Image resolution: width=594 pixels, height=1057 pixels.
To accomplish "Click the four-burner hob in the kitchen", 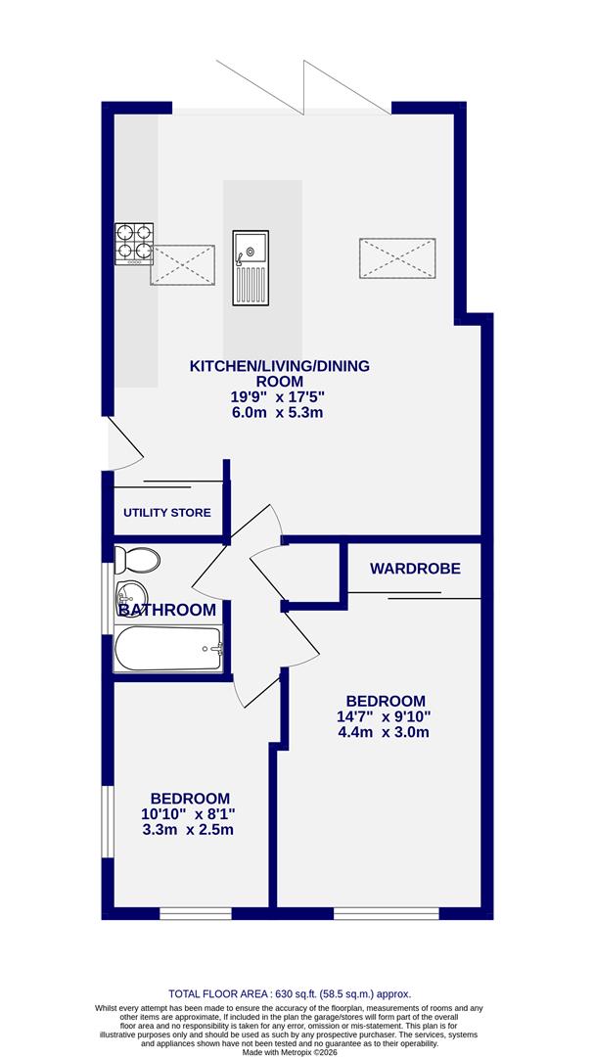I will (x=135, y=244).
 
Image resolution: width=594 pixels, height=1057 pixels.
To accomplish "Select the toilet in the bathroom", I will (x=136, y=561).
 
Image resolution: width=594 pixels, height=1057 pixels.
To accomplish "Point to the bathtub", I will (x=168, y=648).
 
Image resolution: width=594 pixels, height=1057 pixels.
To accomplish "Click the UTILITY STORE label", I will (x=166, y=513).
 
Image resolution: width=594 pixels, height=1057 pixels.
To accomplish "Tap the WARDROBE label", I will (x=414, y=569).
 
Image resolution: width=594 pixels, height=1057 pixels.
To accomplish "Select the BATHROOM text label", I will (x=166, y=611).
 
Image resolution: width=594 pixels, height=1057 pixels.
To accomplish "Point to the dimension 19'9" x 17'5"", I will (x=277, y=397).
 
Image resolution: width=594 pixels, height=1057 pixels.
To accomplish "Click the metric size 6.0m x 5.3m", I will (x=277, y=413).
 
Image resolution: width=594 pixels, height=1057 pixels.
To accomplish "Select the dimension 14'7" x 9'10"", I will (x=386, y=716).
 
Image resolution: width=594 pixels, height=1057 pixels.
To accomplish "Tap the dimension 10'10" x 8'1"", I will (x=189, y=814).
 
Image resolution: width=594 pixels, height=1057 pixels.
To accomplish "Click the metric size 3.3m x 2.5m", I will (x=189, y=830).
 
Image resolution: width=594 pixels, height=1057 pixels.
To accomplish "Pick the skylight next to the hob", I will (x=182, y=264).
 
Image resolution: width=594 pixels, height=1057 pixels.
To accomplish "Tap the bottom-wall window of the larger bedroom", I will (x=386, y=914).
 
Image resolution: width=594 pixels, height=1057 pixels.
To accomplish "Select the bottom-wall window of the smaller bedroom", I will (x=195, y=914).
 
